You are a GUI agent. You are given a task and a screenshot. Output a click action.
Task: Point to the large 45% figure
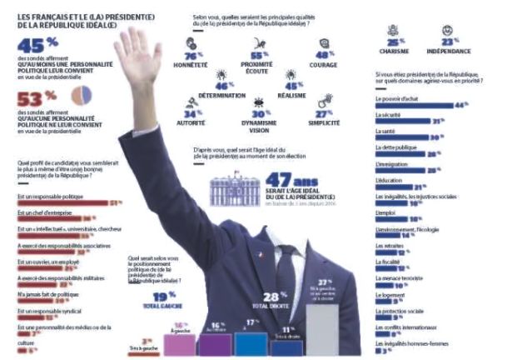point(31,46)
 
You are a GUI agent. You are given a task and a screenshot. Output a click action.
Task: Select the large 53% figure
point(31,97)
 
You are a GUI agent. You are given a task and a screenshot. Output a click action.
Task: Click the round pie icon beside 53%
point(81,96)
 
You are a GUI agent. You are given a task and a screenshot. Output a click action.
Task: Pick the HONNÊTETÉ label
point(191,65)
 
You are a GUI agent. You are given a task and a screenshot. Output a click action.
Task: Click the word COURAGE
point(325,65)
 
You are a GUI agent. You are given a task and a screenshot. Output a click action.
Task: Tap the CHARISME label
point(395,50)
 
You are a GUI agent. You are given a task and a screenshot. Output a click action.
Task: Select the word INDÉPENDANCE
point(450,50)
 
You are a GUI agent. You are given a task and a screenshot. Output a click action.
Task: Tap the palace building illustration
point(233,190)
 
